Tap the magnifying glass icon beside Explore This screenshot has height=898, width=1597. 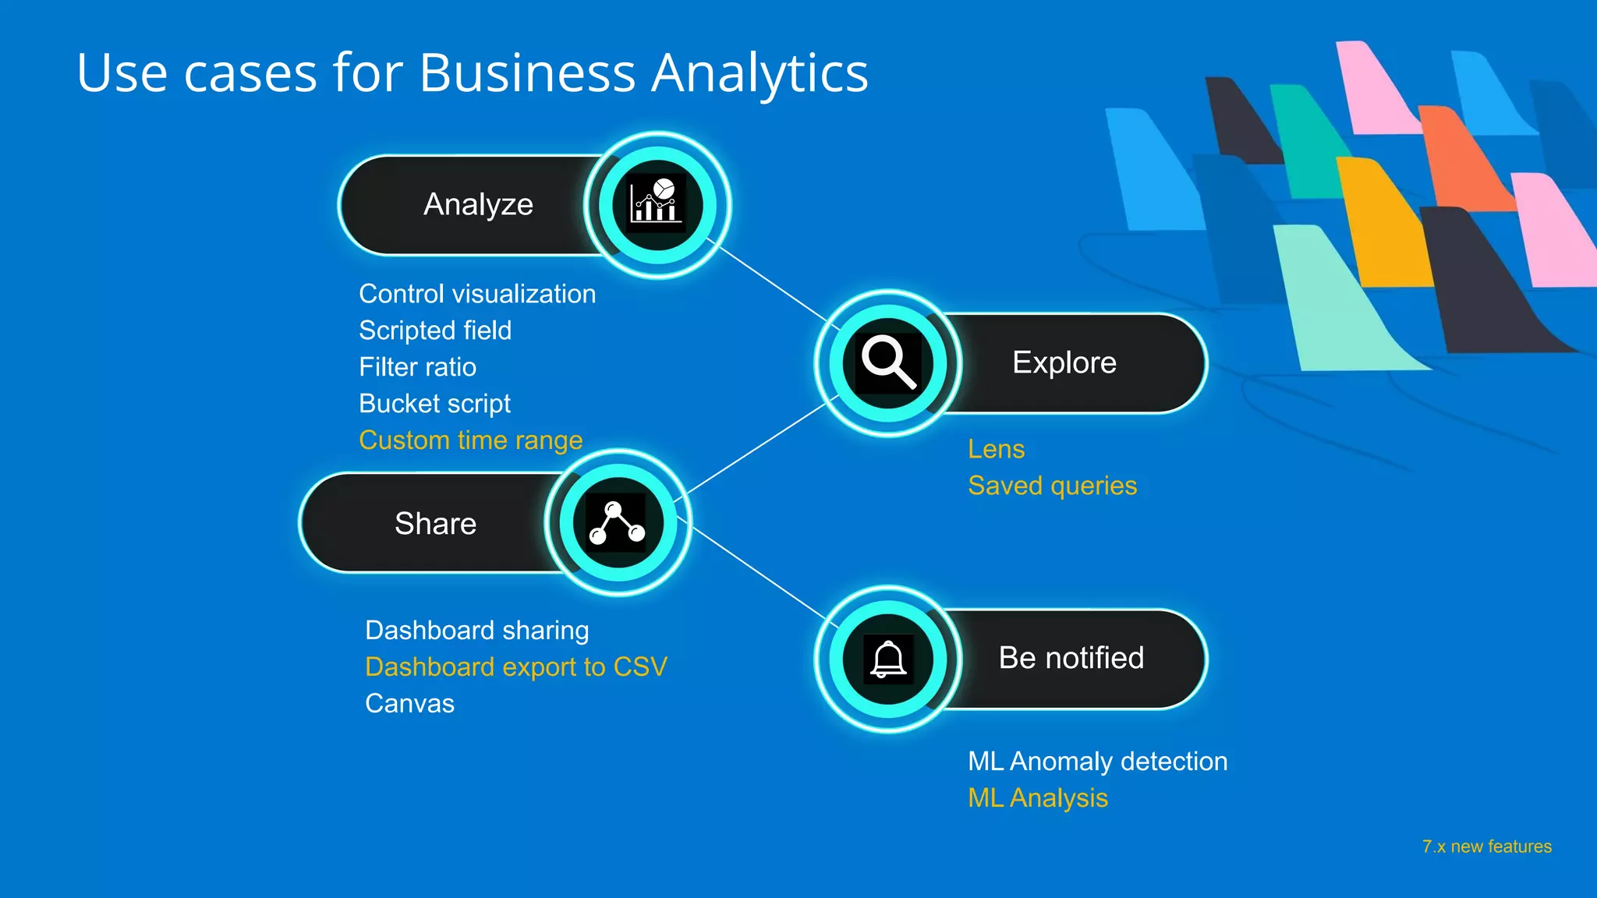(x=888, y=362)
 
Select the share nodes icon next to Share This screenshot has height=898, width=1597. (x=618, y=523)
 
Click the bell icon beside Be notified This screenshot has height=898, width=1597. (x=888, y=659)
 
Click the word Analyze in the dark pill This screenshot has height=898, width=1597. (x=478, y=204)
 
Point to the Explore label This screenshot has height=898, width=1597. (x=1064, y=362)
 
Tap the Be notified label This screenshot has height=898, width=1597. (x=1071, y=658)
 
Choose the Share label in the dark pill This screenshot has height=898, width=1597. (x=435, y=523)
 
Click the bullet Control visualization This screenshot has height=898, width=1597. (x=477, y=294)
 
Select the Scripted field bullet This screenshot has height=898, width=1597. (x=435, y=331)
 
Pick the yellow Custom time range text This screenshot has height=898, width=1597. (x=471, y=440)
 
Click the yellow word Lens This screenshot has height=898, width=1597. (x=996, y=449)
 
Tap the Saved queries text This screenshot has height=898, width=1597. (x=1052, y=486)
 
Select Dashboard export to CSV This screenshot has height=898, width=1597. (x=516, y=667)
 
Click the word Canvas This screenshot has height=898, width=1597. (x=409, y=704)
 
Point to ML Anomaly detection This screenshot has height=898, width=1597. (x=1097, y=762)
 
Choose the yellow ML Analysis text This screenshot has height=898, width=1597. (x=1037, y=798)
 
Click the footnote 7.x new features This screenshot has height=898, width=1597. (x=1486, y=847)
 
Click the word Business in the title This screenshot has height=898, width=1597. (x=528, y=73)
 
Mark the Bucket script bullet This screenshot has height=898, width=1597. (x=434, y=404)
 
